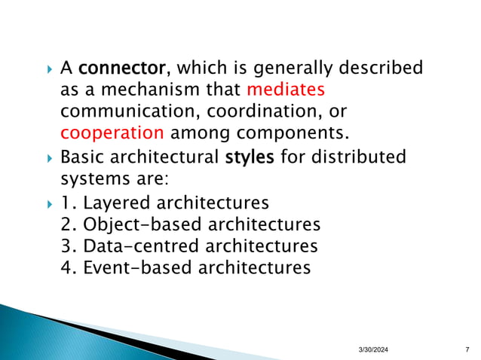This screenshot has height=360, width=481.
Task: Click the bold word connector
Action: [x=122, y=69]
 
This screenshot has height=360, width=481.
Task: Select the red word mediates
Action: [x=286, y=90]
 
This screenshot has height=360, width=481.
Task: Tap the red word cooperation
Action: [x=112, y=134]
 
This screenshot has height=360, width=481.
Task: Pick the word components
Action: [x=293, y=134]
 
